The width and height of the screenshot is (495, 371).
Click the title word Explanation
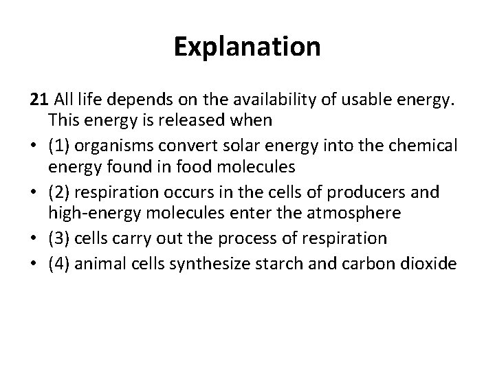[x=247, y=47]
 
